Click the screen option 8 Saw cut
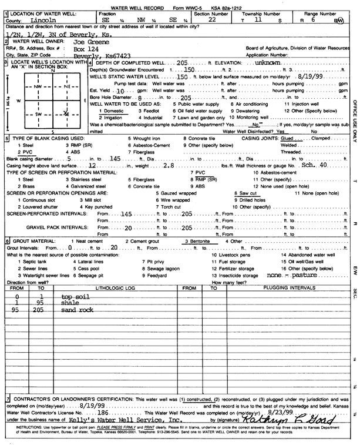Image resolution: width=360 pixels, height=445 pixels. tap(246, 192)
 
